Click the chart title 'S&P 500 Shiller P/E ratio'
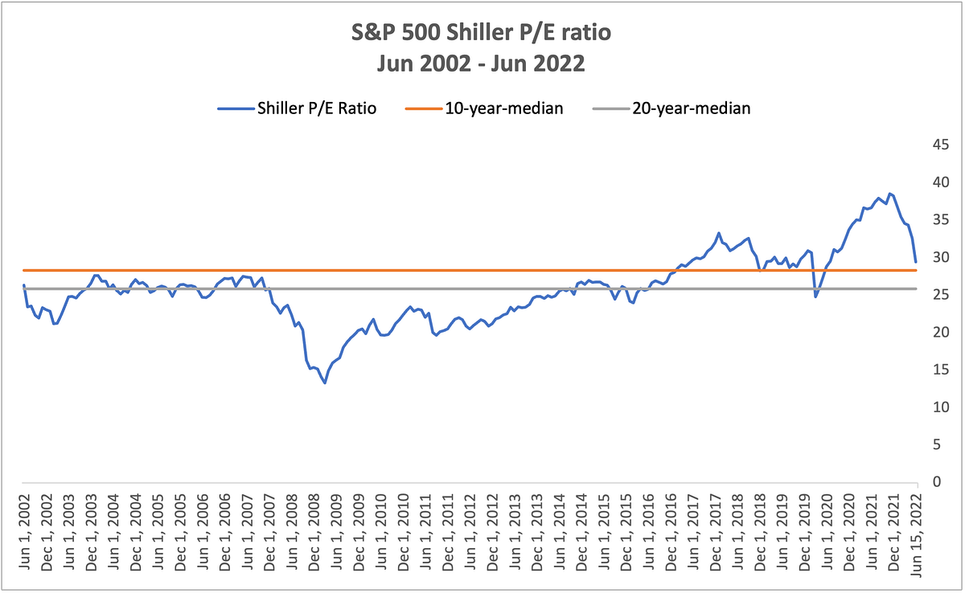tap(481, 32)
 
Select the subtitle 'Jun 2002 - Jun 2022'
tap(481, 63)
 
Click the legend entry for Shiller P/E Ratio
tap(297, 108)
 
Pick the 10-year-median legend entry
tap(484, 108)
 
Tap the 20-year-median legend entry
tap(671, 108)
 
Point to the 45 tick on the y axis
tap(941, 145)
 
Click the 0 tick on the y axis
tap(937, 482)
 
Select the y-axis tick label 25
tap(941, 295)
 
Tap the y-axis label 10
tap(941, 407)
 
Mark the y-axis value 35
tap(941, 219)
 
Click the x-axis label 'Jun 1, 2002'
tap(24, 532)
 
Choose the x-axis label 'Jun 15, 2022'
tap(916, 535)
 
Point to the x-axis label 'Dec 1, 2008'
tap(314, 532)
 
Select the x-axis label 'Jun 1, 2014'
tap(559, 532)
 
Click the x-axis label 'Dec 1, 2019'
tap(805, 532)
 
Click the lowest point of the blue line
tap(325, 383)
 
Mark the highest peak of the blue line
tap(889, 194)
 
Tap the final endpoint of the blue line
tap(916, 262)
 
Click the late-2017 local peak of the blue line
tap(719, 233)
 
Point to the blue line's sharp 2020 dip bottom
tap(815, 297)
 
